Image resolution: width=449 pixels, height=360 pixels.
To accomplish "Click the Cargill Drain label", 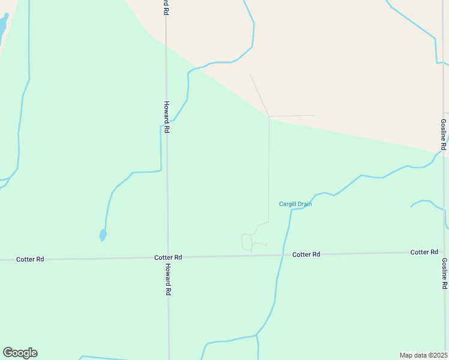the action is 295,204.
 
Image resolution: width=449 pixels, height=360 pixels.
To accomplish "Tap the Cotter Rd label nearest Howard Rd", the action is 168,257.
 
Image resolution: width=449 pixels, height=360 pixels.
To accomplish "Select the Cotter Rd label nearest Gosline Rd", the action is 424,252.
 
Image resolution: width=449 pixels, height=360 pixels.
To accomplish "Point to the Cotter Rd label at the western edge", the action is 30,259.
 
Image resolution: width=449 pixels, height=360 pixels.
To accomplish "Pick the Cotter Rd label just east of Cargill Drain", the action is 306,254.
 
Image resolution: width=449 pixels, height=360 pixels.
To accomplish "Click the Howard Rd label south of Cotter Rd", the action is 169,280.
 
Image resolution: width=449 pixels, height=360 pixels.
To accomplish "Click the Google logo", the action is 20,353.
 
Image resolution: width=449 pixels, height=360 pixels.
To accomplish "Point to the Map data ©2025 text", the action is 424,355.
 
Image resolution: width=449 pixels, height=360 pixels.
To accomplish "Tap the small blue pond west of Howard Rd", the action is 103,235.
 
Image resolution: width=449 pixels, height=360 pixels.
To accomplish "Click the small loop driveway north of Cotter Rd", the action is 247,241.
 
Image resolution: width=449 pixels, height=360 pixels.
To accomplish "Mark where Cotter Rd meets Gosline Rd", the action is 445,252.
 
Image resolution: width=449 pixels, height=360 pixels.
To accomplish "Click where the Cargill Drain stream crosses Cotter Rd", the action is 283,255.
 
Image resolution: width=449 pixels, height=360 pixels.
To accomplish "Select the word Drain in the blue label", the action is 304,204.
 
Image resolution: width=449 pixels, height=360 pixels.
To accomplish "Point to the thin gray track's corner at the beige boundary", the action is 269,116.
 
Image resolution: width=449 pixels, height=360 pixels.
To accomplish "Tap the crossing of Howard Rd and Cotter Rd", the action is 167,257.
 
